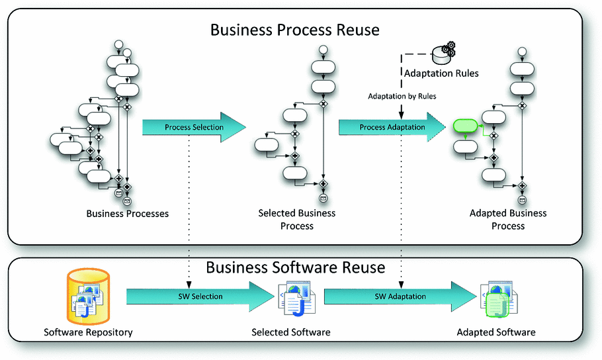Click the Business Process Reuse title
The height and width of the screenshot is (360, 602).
295,30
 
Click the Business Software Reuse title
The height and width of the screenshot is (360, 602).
295,267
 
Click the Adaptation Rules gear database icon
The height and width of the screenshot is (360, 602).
443,51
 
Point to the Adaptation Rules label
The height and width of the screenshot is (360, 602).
441,73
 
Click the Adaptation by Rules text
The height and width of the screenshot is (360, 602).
402,97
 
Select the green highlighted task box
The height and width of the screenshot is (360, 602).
465,126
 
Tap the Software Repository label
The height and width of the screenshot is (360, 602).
88,332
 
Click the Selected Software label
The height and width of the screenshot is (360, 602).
290,332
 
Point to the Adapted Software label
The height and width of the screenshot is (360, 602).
496,332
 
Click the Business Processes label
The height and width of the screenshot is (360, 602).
128,214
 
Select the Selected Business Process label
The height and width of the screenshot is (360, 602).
296,219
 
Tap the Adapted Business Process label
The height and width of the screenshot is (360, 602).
508,219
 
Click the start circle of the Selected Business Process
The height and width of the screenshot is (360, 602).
323,50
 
